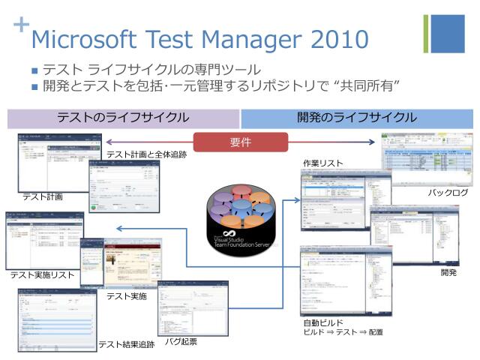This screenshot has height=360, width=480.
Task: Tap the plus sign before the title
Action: (21, 24)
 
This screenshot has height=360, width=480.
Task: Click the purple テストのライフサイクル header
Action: (123, 118)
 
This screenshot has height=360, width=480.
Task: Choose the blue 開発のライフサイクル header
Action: (356, 118)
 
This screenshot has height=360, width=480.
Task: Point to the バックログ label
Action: (448, 193)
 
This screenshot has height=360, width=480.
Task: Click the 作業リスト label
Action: (322, 163)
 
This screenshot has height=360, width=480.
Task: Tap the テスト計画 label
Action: (42, 196)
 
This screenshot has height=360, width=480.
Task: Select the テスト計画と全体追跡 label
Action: (146, 154)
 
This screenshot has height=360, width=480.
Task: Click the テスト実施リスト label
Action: (42, 275)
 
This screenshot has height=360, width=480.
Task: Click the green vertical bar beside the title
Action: (426, 34)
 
